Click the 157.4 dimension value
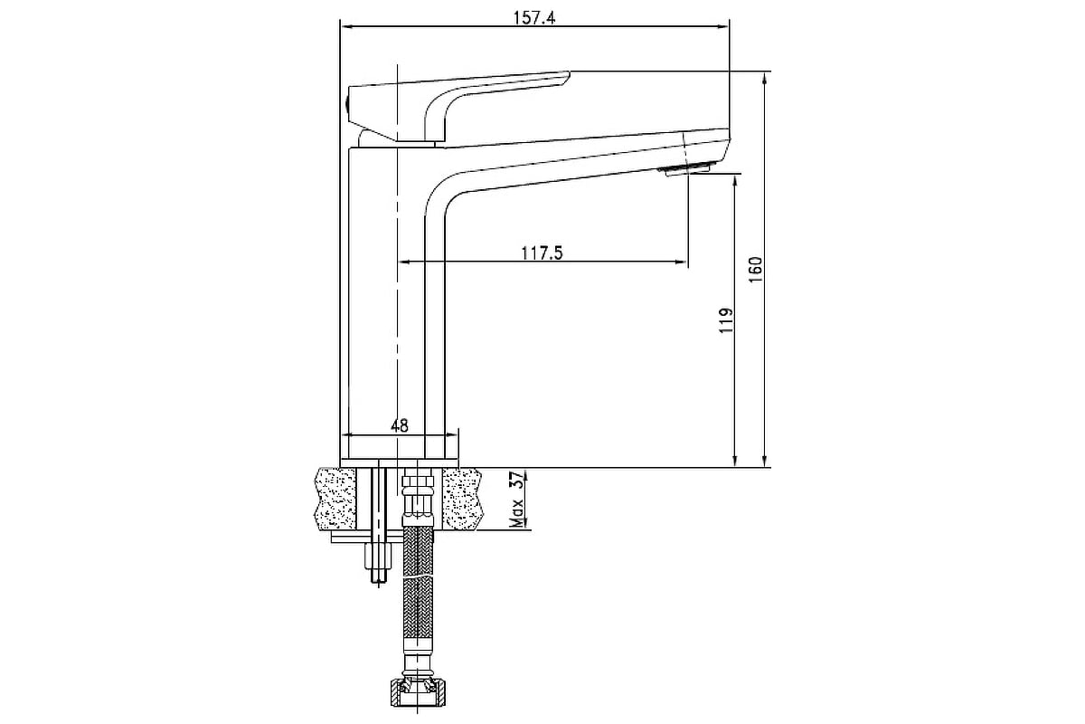coord(533,18)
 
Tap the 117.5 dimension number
coord(542,252)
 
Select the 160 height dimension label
coord(755,270)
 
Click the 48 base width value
coord(399,425)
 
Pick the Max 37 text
coord(517,499)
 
